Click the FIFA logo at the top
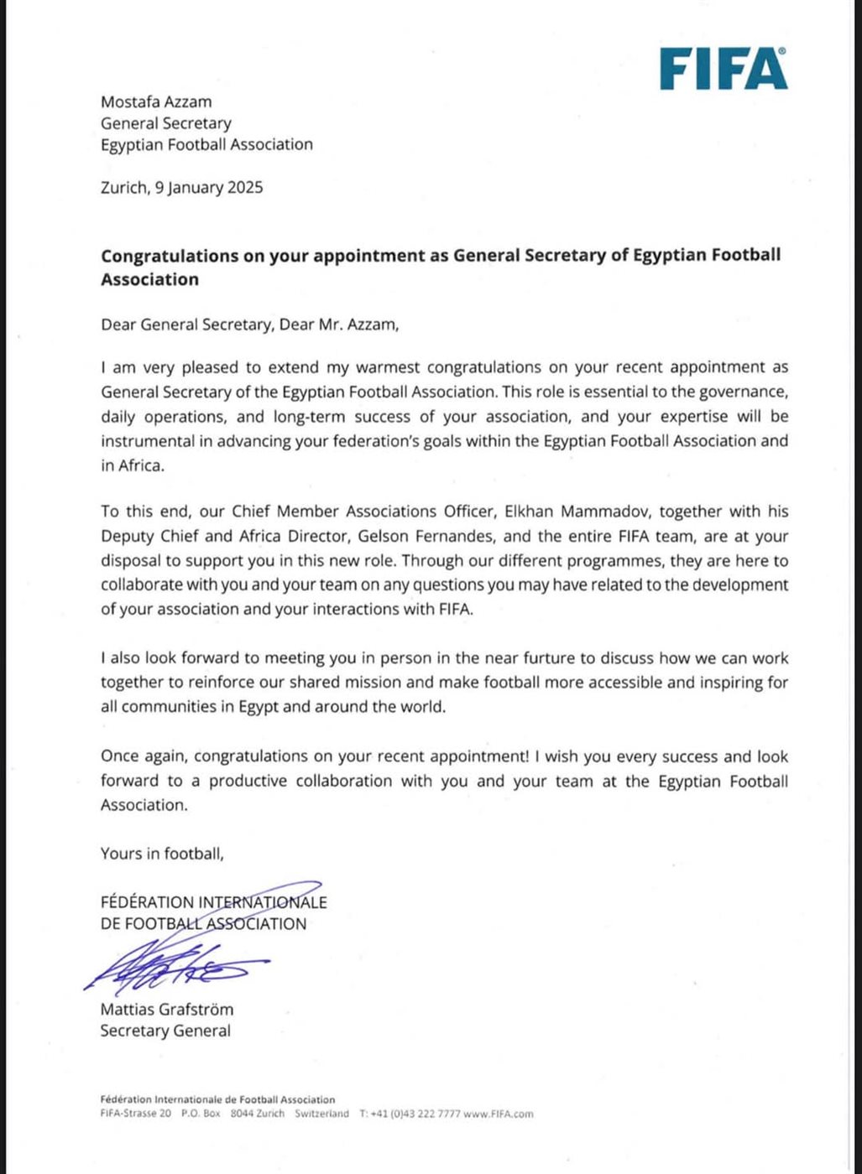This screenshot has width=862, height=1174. click(x=723, y=69)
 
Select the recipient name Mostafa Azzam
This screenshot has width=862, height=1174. click(x=156, y=102)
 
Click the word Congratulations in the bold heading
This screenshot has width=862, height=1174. click(x=170, y=256)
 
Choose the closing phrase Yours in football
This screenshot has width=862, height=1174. click(x=162, y=854)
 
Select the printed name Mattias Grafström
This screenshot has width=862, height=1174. click(x=167, y=1010)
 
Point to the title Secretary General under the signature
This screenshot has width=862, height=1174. click(x=165, y=1031)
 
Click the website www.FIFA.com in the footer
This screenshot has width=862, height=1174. click(x=498, y=1114)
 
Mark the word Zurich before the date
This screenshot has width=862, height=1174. click(x=123, y=188)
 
